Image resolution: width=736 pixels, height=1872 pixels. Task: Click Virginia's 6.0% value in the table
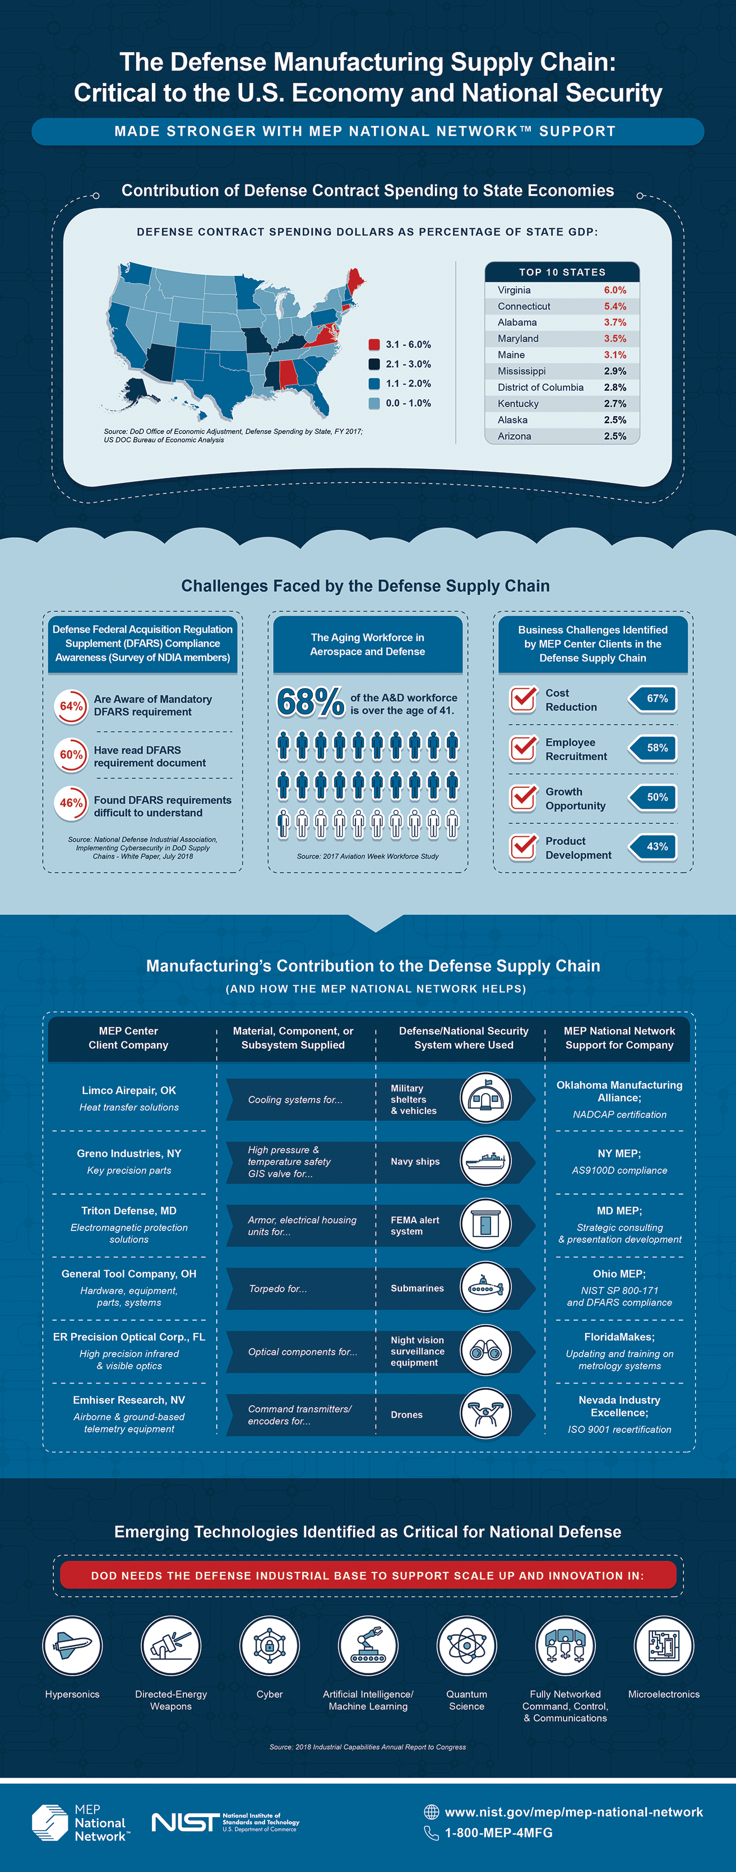(615, 290)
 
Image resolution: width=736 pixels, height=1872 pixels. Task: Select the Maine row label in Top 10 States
(511, 354)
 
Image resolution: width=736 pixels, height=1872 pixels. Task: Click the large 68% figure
(310, 702)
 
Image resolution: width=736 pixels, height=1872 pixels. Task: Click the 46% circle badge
(71, 803)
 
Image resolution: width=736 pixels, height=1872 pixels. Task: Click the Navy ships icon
(485, 1160)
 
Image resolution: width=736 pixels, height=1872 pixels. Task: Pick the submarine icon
(485, 1288)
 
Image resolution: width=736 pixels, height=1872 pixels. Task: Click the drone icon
(485, 1414)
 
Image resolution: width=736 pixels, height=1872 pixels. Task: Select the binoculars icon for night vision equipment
(485, 1351)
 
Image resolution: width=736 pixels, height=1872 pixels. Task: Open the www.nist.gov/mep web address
(573, 1811)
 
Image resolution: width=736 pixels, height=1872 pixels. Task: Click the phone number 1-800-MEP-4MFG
(498, 1833)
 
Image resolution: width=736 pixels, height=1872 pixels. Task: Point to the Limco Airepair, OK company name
(128, 1090)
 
